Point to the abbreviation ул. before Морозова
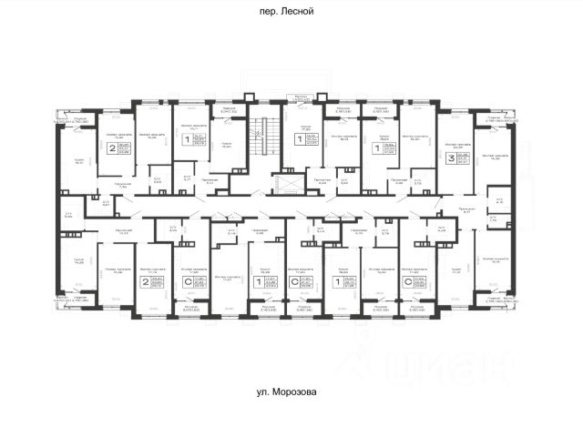click(x=267, y=393)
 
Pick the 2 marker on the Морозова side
click(x=145, y=284)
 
